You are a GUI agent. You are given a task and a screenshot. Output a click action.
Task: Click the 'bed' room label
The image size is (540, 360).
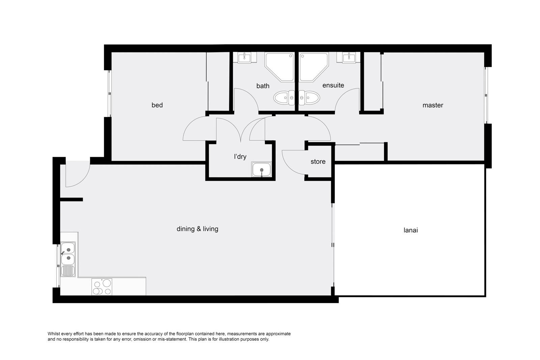(x=157, y=105)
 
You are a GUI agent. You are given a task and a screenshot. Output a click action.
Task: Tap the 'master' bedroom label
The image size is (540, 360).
(x=433, y=105)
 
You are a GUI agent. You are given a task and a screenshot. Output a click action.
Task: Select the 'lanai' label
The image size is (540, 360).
(x=410, y=230)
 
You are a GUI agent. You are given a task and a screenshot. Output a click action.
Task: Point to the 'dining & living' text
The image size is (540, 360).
(x=197, y=229)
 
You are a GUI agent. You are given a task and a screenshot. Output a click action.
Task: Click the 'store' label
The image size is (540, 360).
(x=318, y=162)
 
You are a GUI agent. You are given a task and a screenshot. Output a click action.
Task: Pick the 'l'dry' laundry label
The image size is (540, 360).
(x=240, y=157)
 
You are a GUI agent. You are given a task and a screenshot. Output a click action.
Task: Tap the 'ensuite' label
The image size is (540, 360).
(x=333, y=85)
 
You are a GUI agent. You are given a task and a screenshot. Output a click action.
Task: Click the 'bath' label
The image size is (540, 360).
(x=263, y=86)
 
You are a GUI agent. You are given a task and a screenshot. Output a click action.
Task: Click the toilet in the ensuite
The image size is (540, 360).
(x=309, y=98)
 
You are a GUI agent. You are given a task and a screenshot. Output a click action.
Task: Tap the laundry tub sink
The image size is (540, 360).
(x=262, y=169)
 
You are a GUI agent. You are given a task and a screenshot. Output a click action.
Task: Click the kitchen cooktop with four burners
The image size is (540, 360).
(x=102, y=287)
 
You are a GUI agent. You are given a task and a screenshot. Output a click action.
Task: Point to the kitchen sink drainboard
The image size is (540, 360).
(x=68, y=271)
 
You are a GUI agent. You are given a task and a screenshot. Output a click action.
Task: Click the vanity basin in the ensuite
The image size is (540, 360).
(x=349, y=58)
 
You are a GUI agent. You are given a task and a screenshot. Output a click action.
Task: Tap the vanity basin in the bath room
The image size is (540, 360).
(x=244, y=58)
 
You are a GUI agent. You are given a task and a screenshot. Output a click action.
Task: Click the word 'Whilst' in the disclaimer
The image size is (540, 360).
(x=54, y=334)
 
